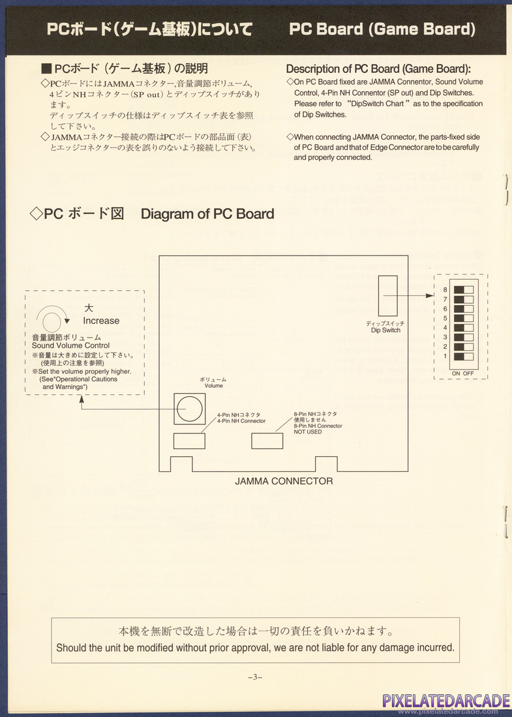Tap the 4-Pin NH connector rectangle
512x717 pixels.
189,441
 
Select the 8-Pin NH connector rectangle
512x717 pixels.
267,441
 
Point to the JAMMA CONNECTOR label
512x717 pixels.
284,481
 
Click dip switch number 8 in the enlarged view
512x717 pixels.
464,289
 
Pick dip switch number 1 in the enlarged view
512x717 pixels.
464,357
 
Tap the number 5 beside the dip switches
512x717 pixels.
445,318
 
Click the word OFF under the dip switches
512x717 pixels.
468,373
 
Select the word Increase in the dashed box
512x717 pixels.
101,321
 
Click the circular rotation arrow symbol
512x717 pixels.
51,319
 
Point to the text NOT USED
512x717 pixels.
308,432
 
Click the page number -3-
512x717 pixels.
255,677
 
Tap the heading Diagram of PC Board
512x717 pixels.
207,214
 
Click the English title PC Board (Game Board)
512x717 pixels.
382,29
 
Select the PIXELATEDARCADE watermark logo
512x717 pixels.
445,700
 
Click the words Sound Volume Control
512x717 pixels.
70,345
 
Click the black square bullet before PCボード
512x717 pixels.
46,68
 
